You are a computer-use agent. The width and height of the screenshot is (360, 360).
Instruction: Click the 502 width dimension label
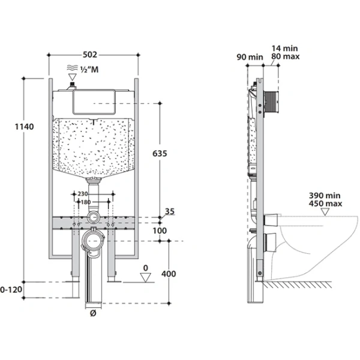[90, 55]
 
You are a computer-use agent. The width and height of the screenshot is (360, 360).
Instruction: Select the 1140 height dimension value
[24, 127]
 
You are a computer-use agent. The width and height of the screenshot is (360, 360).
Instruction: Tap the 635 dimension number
[160, 154]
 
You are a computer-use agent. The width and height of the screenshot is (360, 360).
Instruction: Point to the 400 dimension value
[169, 274]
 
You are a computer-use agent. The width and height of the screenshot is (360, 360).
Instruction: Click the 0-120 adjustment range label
[11, 290]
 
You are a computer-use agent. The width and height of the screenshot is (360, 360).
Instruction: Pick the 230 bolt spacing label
[82, 194]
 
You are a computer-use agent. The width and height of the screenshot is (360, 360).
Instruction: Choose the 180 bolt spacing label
[86, 202]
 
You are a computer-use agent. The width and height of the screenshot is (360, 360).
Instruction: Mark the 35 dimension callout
[170, 211]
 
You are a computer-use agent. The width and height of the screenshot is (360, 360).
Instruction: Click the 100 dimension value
[160, 230]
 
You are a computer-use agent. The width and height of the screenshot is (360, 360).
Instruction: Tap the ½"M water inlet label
[89, 69]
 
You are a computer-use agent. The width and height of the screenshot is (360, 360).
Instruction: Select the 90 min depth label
[250, 57]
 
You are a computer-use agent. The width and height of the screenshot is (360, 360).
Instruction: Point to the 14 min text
[284, 49]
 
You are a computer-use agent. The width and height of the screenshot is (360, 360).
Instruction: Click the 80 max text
[286, 56]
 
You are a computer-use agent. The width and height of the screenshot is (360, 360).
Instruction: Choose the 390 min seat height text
[325, 196]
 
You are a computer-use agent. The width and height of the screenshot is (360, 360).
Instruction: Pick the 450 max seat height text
[325, 203]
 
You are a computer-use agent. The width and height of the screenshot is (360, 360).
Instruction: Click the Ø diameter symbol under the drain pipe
[93, 313]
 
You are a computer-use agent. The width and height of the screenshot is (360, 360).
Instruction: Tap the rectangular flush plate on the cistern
[94, 102]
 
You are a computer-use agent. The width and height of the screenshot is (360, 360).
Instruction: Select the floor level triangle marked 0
[146, 277]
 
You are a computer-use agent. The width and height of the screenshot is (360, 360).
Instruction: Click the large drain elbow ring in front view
[93, 241]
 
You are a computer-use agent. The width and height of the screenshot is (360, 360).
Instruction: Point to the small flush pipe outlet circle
[93, 217]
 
